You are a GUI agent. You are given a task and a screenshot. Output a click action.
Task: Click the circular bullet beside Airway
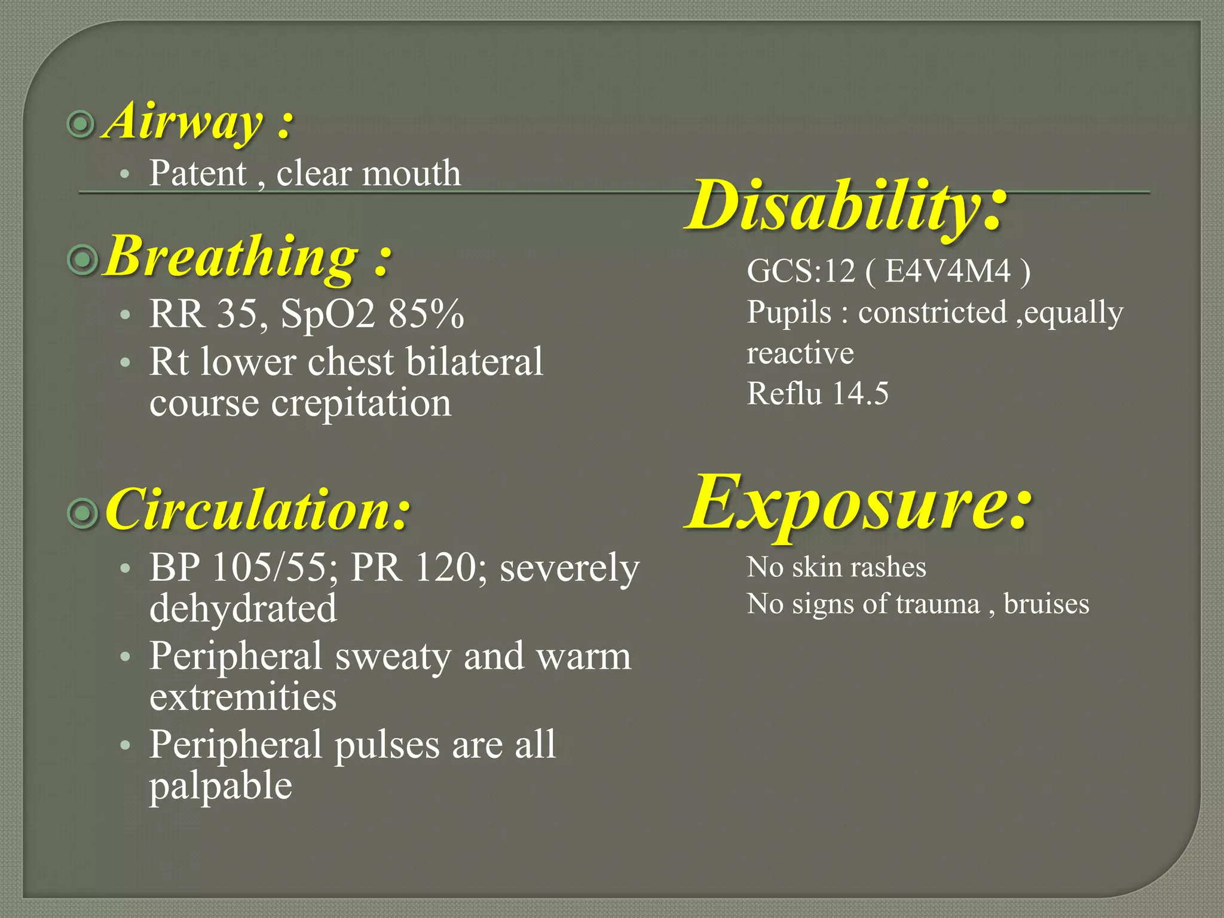(81, 124)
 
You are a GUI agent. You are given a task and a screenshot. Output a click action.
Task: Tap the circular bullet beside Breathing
(82, 259)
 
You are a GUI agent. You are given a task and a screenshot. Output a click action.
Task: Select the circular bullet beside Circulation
(82, 512)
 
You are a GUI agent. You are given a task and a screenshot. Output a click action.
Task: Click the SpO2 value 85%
(426, 314)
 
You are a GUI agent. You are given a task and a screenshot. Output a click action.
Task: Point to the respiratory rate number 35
(240, 314)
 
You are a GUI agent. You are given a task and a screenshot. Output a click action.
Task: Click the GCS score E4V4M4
(948, 271)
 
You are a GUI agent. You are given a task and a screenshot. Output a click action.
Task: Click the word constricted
(932, 313)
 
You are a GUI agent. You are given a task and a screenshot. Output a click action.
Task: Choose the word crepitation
(361, 403)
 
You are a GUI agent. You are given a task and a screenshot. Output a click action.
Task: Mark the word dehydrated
(243, 608)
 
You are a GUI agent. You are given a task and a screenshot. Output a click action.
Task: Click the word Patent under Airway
(198, 173)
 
